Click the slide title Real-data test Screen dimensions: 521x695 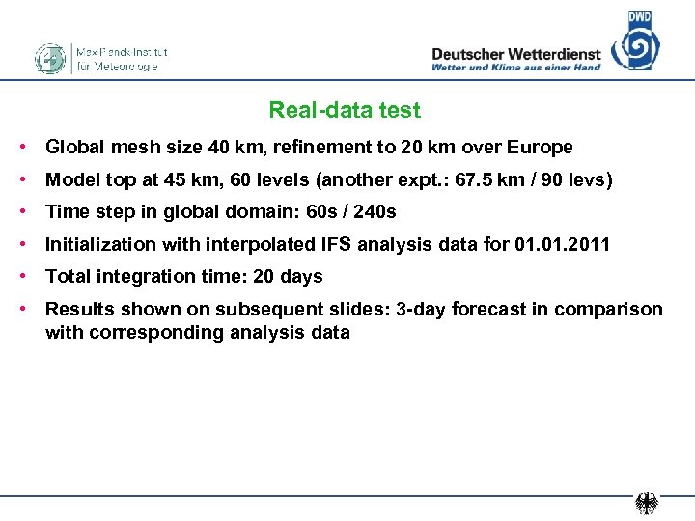(x=345, y=111)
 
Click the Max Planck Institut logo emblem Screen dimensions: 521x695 (x=49, y=59)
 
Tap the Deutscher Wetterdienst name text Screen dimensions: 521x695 (x=515, y=55)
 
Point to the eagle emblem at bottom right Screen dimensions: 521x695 (x=647, y=504)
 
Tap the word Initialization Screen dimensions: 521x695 (x=102, y=244)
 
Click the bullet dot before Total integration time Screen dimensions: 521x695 (x=21, y=277)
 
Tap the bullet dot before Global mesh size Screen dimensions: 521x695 (x=21, y=148)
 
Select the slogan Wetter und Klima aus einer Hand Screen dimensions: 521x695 (x=515, y=68)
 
